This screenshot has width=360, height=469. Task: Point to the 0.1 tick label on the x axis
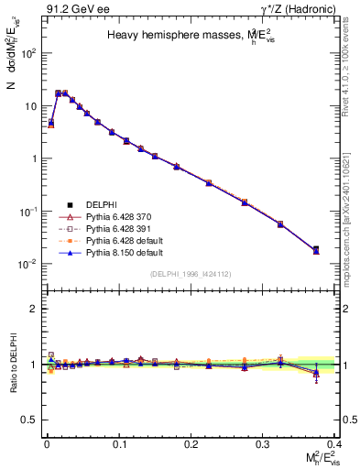click(x=119, y=443)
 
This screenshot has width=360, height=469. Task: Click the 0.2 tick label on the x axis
click(x=191, y=443)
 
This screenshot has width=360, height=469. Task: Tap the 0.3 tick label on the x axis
click(x=265, y=443)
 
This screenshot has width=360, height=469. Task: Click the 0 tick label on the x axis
click(x=46, y=443)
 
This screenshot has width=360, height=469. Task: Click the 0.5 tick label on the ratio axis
click(x=30, y=420)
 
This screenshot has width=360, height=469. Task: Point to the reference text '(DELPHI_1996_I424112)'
click(x=191, y=273)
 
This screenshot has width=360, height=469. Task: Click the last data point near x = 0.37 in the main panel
click(x=316, y=249)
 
